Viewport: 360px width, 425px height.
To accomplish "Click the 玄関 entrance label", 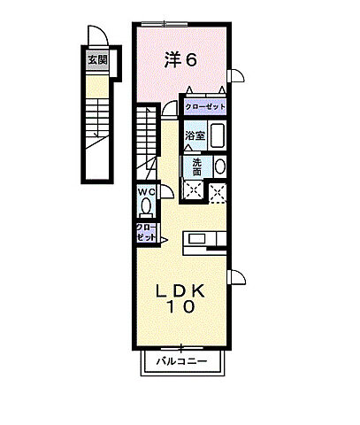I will click(x=96, y=61).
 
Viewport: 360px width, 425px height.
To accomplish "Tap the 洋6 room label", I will click(x=180, y=58).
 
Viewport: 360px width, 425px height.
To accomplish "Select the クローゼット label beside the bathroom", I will click(x=205, y=107).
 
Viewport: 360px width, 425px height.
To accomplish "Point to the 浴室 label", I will click(x=195, y=136).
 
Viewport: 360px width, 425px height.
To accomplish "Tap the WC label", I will click(x=146, y=191).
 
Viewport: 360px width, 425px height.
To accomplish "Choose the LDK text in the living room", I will click(x=181, y=290).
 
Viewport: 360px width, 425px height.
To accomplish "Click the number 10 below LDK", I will click(x=181, y=308).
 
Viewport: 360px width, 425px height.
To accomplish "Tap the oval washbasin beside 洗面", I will click(x=219, y=166).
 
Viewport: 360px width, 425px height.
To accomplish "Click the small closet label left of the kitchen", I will click(x=146, y=234).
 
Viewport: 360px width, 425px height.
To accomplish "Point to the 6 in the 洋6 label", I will click(x=190, y=58).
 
